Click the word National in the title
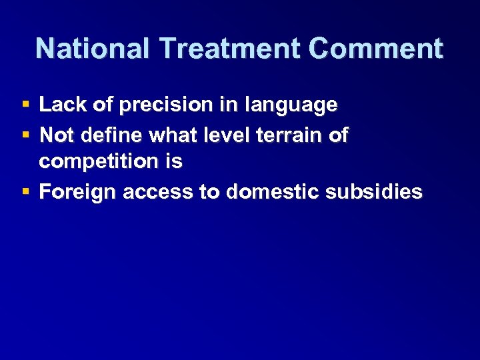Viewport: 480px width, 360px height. (93, 49)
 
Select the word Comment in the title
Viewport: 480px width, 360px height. (376, 49)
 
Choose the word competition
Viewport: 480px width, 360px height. (97, 162)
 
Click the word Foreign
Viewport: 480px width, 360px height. (77, 192)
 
